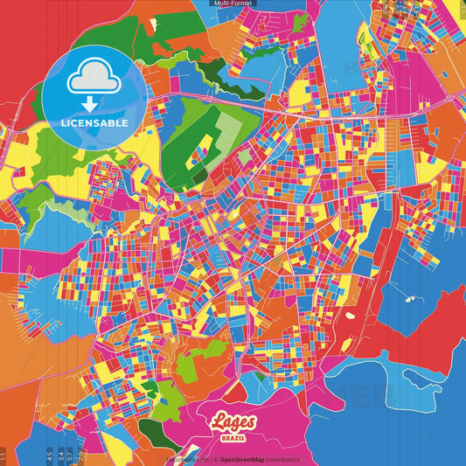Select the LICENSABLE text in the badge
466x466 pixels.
94,123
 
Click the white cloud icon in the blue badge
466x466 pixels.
94,81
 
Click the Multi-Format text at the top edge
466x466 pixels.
233,3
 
